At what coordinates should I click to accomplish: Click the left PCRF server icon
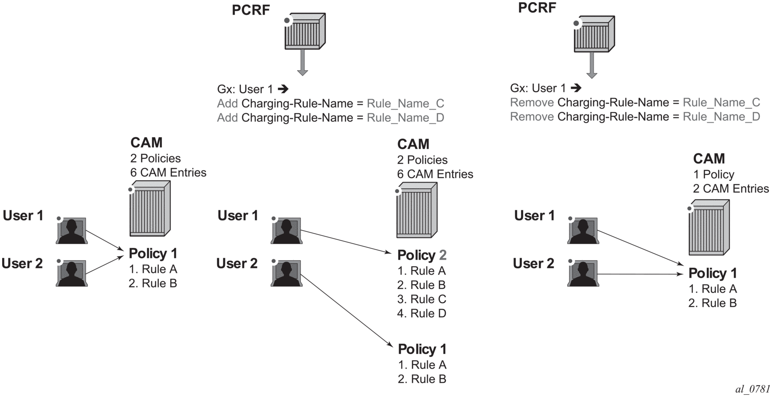point(305,31)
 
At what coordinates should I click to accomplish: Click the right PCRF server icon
point(594,34)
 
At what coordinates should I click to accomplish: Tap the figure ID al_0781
point(753,389)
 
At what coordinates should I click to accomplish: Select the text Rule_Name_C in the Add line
point(405,104)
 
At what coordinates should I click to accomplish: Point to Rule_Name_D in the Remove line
point(721,117)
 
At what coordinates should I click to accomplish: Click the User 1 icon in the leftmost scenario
point(72,230)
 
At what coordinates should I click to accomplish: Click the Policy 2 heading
point(422,255)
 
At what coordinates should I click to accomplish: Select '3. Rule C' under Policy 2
point(422,299)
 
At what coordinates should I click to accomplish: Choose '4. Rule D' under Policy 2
point(422,313)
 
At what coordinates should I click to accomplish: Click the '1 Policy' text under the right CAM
point(713,174)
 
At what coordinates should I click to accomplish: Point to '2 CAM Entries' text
point(731,189)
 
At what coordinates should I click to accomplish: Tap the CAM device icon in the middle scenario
point(417,210)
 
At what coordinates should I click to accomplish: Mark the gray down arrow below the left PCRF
point(303,62)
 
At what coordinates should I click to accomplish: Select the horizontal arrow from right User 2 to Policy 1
point(640,274)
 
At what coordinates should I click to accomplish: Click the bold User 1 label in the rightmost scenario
point(534,216)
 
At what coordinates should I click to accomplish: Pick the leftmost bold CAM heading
point(146,143)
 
